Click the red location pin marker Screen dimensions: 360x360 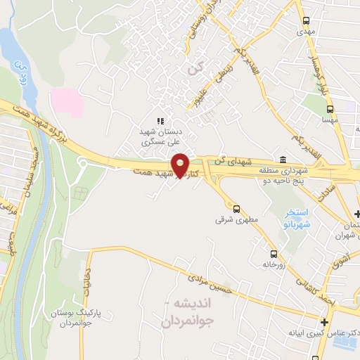pos(180,165)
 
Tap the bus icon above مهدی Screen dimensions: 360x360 pos(305,21)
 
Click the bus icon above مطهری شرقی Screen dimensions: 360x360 pos(236,208)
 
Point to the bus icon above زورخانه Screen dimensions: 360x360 pos(273,254)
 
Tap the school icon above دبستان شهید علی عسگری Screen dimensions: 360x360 pos(160,121)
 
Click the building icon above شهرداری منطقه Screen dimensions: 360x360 pos(282,158)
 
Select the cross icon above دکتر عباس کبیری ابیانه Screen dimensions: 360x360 pos(323,321)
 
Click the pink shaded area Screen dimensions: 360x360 pos(66,103)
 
